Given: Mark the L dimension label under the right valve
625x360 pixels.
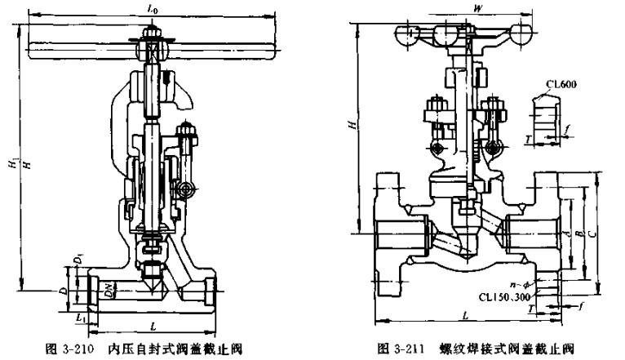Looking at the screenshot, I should pos(463,315).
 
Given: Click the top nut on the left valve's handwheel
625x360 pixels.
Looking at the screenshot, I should pos(152,36).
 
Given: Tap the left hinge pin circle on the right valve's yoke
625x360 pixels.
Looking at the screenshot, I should pos(437,148).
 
